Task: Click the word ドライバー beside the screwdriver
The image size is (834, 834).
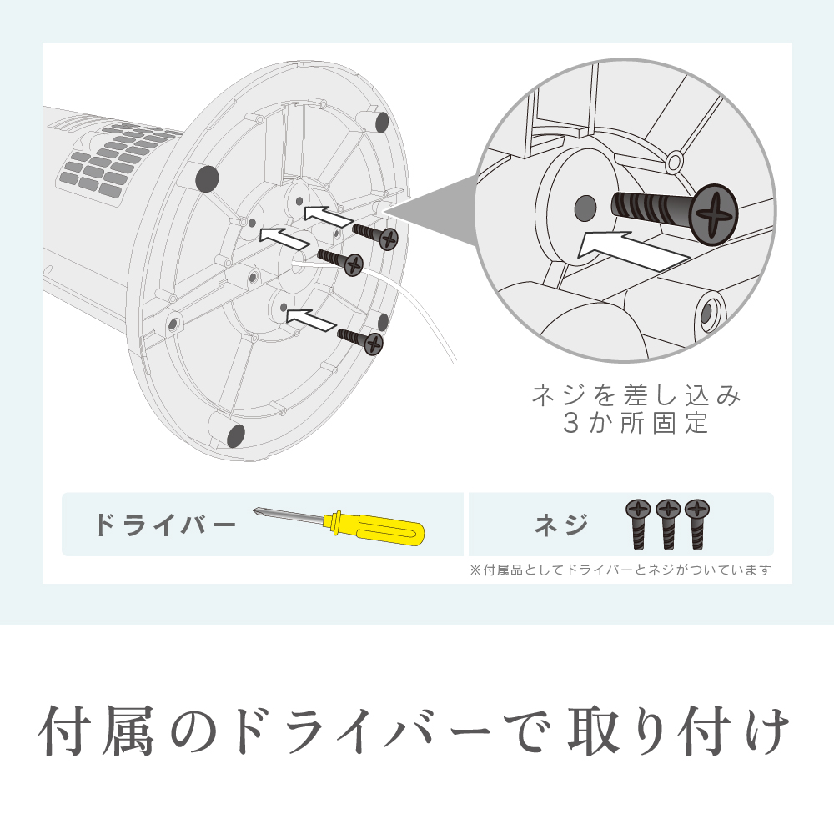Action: (165, 525)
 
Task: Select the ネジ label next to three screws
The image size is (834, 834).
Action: (561, 525)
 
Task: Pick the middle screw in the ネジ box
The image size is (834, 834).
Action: (668, 525)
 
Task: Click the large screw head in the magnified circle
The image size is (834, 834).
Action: (714, 214)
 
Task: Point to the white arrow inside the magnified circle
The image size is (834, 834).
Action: (633, 250)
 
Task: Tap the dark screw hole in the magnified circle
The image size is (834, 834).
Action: (585, 208)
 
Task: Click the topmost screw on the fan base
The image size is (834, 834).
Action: (375, 235)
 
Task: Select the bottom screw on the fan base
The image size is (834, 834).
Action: (360, 340)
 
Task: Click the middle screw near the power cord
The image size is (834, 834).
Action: (340, 261)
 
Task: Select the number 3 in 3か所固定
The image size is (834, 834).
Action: (570, 424)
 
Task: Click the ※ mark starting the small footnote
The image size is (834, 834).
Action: (475, 570)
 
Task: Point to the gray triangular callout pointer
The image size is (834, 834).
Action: (431, 209)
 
